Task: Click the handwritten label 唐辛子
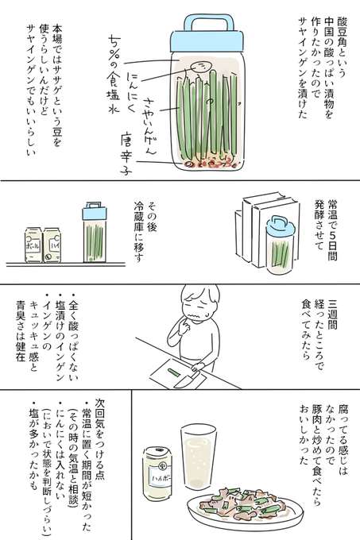(126, 155)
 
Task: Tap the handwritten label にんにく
(132, 92)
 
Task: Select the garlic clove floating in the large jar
(200, 67)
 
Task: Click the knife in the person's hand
(188, 379)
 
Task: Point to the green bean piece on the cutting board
(173, 372)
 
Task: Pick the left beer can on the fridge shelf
(33, 245)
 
